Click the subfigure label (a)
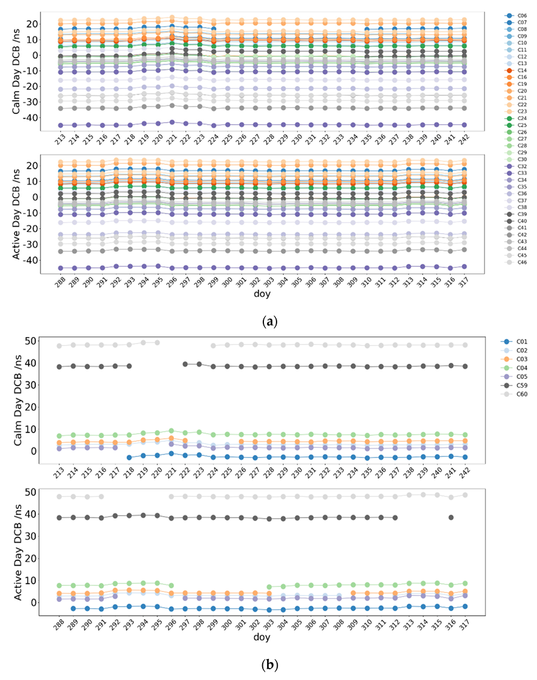tap(269, 321)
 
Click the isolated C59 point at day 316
tap(451, 517)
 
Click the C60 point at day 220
tap(157, 342)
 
